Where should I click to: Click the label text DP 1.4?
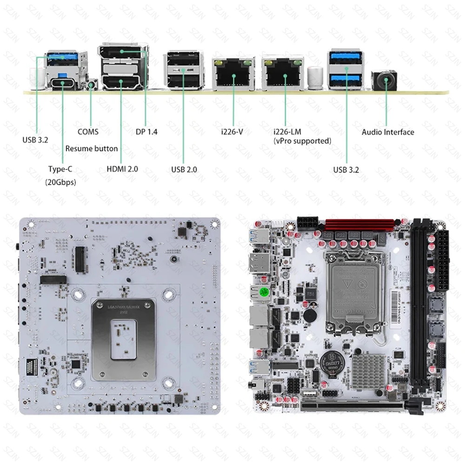coord(146,132)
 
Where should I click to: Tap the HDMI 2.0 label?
coord(122,169)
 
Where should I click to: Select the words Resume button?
coord(92,148)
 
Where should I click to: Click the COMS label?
coord(88,132)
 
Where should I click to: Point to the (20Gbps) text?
coord(60,182)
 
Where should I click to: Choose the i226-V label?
coord(232,132)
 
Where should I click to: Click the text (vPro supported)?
coord(302,140)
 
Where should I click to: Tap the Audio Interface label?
coord(388,132)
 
